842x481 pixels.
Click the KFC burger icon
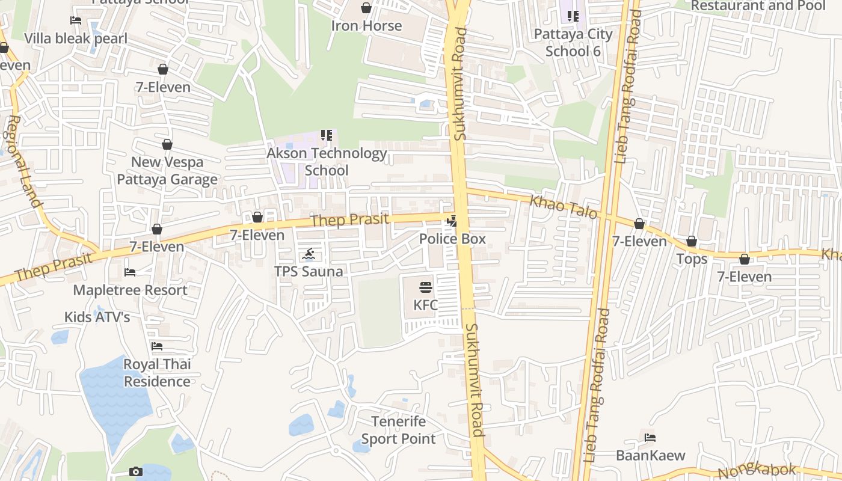point(426,287)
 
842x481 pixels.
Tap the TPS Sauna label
point(309,271)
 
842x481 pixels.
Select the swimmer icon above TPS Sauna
point(309,254)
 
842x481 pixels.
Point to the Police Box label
point(452,239)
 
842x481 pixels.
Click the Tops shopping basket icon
point(692,242)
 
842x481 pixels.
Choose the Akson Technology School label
point(327,162)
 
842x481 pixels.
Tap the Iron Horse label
point(366,26)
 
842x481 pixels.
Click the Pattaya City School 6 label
point(573,42)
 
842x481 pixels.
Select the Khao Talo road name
point(563,207)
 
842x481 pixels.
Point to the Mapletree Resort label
point(130,290)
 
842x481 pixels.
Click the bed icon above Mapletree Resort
point(130,272)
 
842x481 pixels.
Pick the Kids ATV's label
point(97,317)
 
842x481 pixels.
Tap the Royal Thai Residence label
point(157,373)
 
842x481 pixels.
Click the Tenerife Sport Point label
point(398,430)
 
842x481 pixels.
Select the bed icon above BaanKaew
point(650,438)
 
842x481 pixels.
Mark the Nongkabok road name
point(758,471)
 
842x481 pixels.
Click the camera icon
point(136,471)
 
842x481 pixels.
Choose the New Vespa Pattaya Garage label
point(167,171)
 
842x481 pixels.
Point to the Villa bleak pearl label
point(76,39)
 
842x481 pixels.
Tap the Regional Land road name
point(24,162)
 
